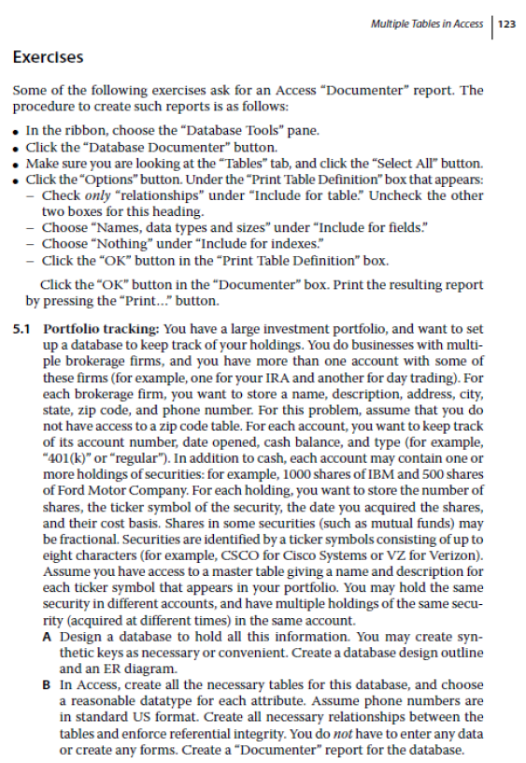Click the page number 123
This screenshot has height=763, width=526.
507,23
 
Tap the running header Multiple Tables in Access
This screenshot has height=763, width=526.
426,23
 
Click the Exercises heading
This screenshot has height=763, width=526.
48,57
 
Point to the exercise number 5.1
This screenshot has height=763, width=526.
22,330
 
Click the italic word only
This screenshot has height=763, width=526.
95,196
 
